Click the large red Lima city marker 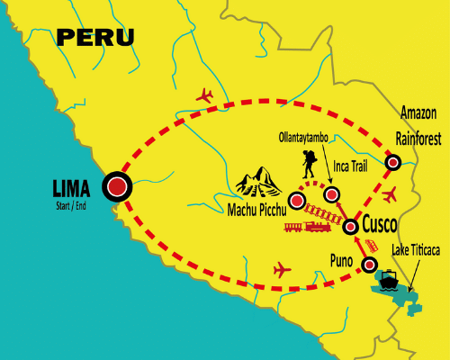[118, 187]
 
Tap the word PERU [94, 37]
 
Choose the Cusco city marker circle [351, 228]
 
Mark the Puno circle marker [369, 265]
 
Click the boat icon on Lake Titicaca [390, 280]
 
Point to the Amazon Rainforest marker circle [393, 162]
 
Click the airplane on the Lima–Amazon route [205, 94]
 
